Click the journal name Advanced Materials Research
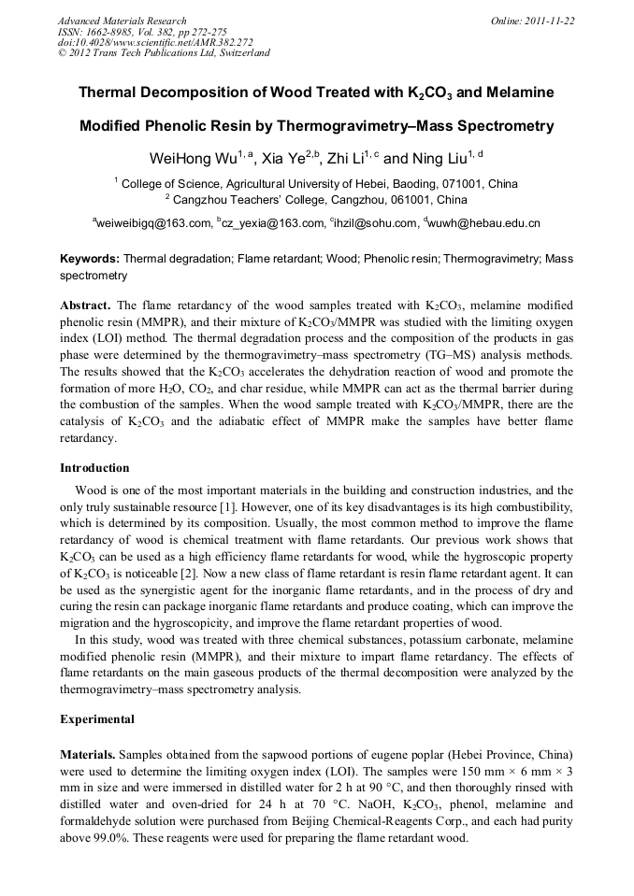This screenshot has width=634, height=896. [122, 21]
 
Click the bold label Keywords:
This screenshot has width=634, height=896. [90, 258]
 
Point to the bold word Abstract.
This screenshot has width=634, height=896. [87, 306]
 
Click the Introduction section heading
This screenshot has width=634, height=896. [94, 467]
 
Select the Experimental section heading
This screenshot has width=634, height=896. [97, 719]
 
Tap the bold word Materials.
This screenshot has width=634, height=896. [88, 753]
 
